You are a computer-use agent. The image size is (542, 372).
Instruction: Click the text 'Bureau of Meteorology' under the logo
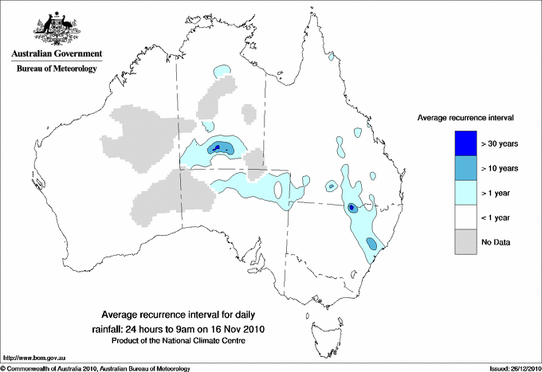click(x=57, y=69)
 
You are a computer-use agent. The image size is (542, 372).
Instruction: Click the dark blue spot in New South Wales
click(x=352, y=207)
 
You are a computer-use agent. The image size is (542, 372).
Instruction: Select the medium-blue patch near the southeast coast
click(x=371, y=244)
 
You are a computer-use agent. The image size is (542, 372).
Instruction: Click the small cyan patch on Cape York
click(x=330, y=57)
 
